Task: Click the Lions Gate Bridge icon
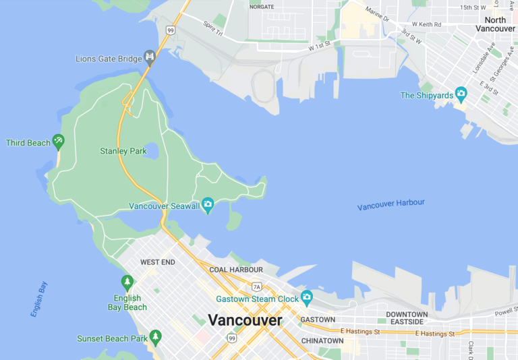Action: pos(150,57)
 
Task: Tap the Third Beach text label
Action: pos(28,143)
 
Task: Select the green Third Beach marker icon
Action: pos(58,141)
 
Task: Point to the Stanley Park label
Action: pos(123,151)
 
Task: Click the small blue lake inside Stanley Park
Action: pos(152,150)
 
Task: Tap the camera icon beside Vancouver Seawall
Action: pos(208,204)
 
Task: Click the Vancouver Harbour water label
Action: pos(391,204)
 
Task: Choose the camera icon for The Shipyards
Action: pos(461,94)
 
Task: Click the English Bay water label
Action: pos(39,299)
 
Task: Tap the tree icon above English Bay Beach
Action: pos(127,281)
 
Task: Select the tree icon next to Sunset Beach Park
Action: pos(156,335)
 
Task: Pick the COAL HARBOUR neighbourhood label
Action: pos(236,270)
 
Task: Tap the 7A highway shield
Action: pos(256,287)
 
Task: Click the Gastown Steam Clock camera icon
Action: pos(307,297)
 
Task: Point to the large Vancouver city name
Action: pos(245,320)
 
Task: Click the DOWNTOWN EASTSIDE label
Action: pos(407,319)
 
